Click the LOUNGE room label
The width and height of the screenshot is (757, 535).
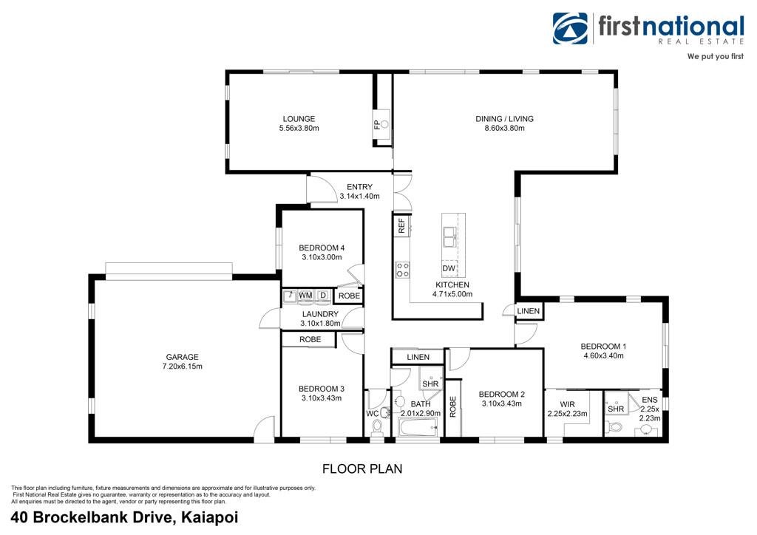pos(299,119)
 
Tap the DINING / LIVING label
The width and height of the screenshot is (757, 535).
pos(504,119)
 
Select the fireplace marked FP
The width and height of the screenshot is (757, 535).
pos(381,124)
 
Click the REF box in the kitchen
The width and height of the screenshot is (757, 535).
pos(401,225)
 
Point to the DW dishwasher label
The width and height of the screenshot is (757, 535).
pos(449,268)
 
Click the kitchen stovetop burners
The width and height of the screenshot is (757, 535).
pos(402,270)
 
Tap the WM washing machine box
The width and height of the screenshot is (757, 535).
pos(305,296)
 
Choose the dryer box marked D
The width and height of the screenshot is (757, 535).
pos(323,296)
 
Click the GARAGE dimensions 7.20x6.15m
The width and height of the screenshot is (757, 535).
pos(182,367)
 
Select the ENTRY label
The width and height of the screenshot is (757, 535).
pos(360,187)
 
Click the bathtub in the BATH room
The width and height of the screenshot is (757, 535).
pos(418,427)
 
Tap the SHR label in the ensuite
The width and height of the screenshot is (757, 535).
pos(616,409)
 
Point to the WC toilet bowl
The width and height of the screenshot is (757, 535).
pos(377,426)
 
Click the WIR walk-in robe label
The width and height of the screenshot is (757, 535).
pos(567,404)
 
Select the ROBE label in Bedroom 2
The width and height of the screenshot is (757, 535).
pos(452,406)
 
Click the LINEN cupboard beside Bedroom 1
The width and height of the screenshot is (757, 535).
pos(528,310)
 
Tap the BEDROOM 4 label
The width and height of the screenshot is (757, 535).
pos(322,248)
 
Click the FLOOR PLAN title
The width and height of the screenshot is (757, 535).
pos(362,468)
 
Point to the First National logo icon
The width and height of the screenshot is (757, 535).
pos(570,29)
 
